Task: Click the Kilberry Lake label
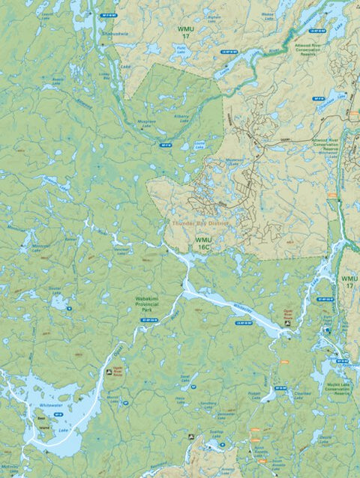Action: [x=182, y=120]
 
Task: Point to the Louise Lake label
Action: [x=199, y=147]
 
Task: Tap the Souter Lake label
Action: [x=54, y=289]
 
